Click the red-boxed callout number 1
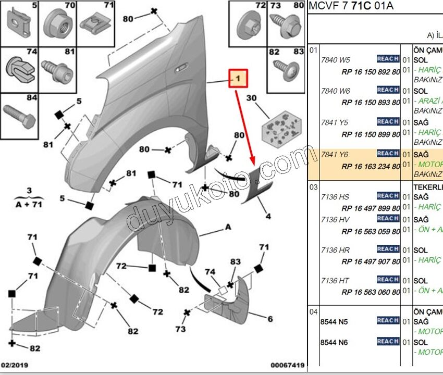(238, 79)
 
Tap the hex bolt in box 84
(18, 116)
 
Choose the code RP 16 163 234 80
(371, 167)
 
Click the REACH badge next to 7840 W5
(388, 59)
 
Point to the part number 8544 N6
(334, 342)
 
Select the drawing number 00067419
(287, 365)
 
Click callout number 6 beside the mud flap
(270, 319)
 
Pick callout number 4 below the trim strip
(268, 216)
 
